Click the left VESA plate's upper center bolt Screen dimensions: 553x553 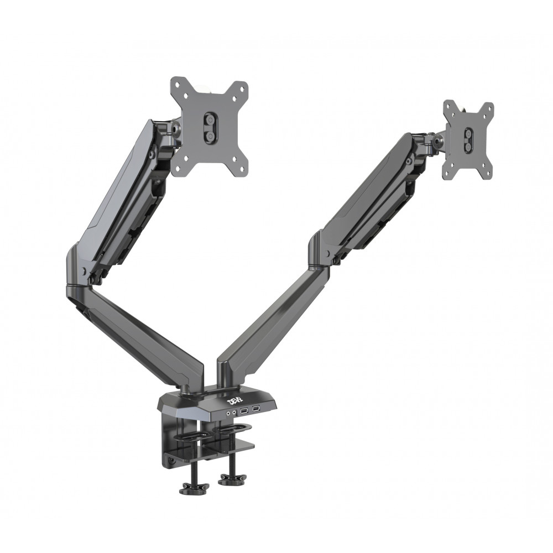coord(210,119)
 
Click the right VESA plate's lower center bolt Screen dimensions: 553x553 coord(469,147)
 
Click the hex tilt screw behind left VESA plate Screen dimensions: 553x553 coord(176,129)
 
